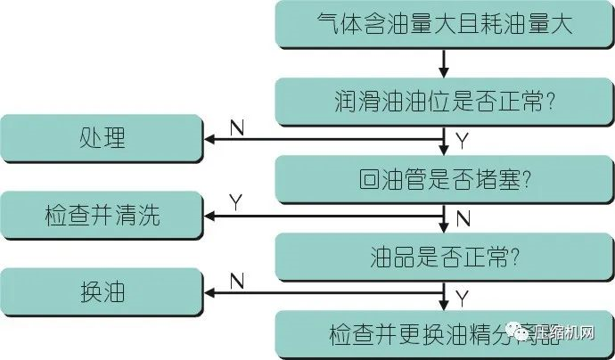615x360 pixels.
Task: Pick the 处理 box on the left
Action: (x=102, y=139)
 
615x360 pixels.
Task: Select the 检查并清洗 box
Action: (x=102, y=216)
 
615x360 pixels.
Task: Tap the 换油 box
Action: (x=102, y=292)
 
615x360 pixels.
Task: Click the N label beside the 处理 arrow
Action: (x=237, y=127)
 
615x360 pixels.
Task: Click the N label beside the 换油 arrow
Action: (x=237, y=281)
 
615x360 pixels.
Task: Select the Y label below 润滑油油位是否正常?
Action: (x=462, y=141)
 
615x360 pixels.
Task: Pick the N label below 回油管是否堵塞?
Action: (x=462, y=218)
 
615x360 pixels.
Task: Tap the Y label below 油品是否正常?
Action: (x=462, y=295)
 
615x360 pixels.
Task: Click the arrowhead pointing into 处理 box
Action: (x=212, y=139)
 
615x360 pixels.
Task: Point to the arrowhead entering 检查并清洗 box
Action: (x=212, y=216)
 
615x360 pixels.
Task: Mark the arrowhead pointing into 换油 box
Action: (x=212, y=292)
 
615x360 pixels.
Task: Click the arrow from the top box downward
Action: (x=443, y=61)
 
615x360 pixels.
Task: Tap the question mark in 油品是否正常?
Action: (x=515, y=257)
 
